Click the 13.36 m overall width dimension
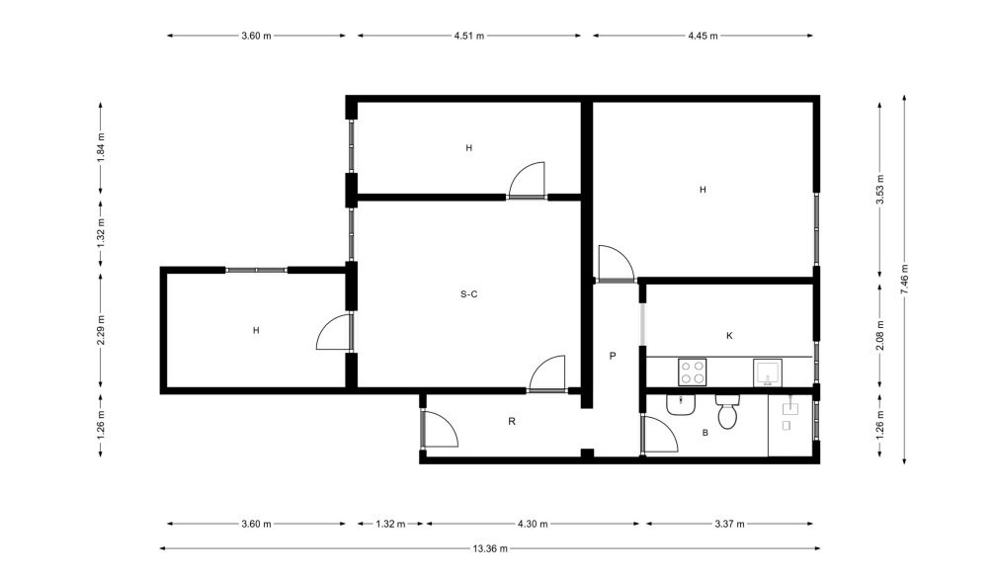click(490, 548)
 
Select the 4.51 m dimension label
click(469, 36)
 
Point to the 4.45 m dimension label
click(704, 36)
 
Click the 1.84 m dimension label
click(100, 147)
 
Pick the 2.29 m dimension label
click(100, 330)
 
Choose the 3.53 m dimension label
click(879, 189)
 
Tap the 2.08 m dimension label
click(879, 335)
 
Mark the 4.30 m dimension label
click(533, 524)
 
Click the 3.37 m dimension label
click(730, 524)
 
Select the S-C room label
click(469, 293)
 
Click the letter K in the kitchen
click(729, 335)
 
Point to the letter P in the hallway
click(613, 356)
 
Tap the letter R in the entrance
click(512, 421)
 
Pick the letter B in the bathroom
click(705, 433)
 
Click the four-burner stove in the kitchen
click(693, 372)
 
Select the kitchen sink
click(768, 372)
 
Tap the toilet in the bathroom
click(727, 411)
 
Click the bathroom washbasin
click(682, 405)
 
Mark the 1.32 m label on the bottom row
click(390, 524)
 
